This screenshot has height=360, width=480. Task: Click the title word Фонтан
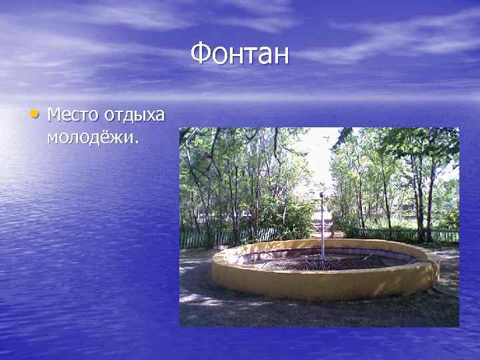tap(240, 53)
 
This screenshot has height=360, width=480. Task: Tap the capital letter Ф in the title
tap(200, 53)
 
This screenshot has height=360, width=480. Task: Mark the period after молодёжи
tap(137, 142)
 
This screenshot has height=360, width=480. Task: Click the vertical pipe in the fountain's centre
tap(322, 227)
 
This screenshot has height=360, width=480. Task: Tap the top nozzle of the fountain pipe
tap(321, 195)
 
